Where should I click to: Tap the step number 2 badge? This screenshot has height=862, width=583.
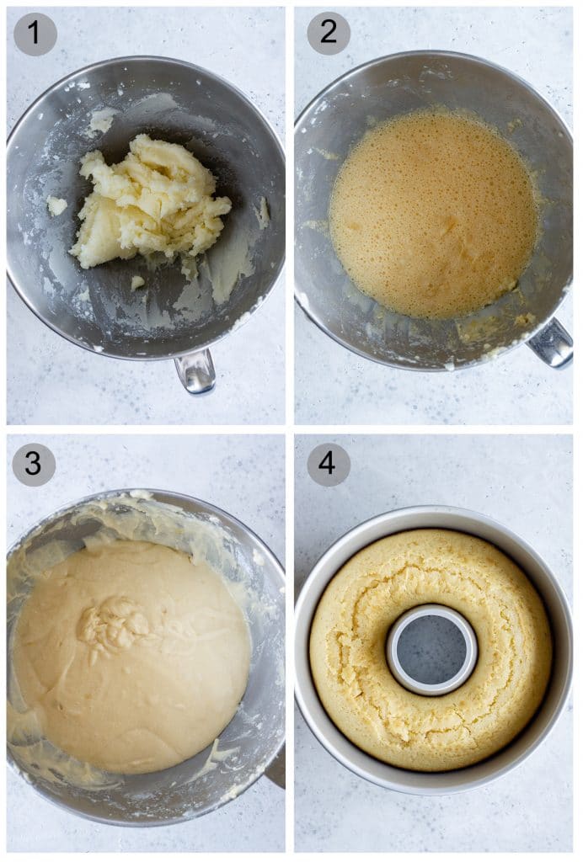(x=328, y=34)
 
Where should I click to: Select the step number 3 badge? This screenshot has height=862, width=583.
(x=34, y=465)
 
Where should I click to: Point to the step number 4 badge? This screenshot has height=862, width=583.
(x=328, y=465)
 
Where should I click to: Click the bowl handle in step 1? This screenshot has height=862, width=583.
(x=195, y=371)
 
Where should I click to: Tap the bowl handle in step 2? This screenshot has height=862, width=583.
(x=552, y=342)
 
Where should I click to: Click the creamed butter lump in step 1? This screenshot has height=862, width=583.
(x=152, y=202)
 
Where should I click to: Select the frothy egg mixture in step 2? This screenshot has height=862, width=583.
(x=433, y=214)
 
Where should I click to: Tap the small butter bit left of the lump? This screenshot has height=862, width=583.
(x=56, y=205)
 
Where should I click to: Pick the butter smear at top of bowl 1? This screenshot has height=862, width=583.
(x=101, y=120)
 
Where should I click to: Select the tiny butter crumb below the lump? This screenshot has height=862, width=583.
(x=137, y=282)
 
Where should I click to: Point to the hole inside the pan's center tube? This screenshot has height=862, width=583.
(x=431, y=650)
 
